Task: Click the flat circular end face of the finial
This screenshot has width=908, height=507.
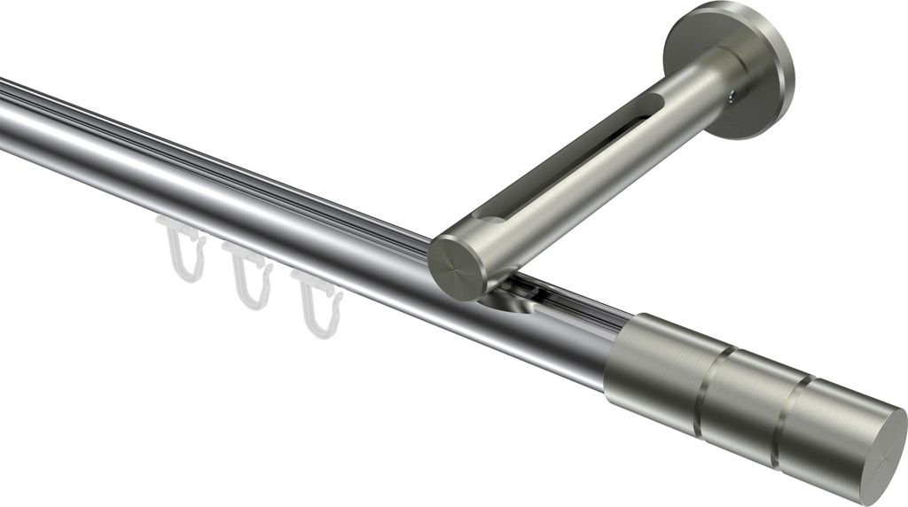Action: click(x=873, y=453)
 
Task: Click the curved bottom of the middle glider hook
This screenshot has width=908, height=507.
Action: click(x=252, y=302)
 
